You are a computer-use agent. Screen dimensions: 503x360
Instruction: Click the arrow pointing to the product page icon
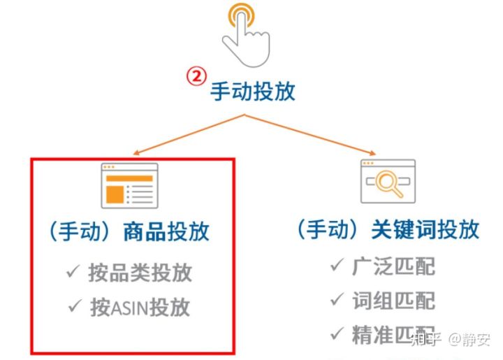(189, 135)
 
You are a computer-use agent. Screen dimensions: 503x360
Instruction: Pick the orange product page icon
(129, 186)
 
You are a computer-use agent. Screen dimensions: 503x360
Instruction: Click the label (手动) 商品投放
(129, 231)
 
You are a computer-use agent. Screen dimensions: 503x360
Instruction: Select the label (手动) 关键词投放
(387, 231)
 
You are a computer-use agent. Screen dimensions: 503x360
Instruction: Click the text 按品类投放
(140, 273)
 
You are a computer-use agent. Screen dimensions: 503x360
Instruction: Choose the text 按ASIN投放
(140, 308)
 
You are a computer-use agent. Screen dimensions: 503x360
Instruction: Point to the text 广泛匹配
(393, 266)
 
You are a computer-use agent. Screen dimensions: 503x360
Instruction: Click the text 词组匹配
(393, 301)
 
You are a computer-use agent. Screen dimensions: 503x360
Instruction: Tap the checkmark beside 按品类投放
(73, 273)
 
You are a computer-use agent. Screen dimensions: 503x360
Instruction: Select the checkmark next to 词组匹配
(337, 301)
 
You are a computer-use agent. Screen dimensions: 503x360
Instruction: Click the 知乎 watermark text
(426, 340)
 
